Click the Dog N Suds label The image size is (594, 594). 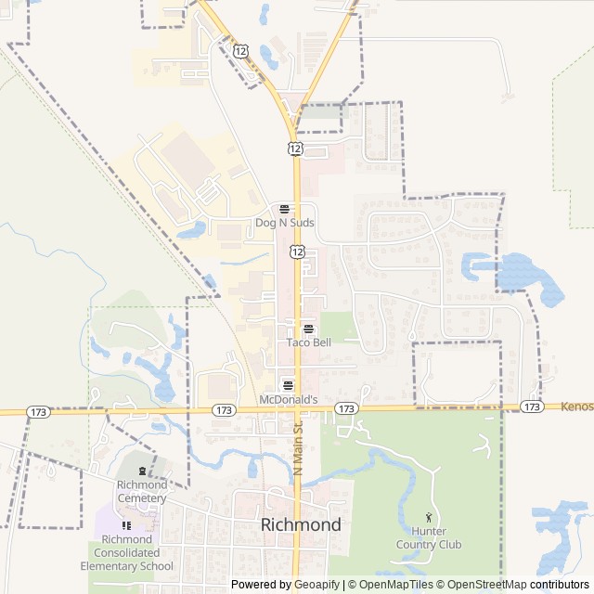[285, 224]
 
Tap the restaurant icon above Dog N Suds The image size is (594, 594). [284, 210]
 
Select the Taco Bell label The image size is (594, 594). [308, 342]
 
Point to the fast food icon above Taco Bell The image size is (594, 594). [308, 329]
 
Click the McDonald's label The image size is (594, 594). [289, 400]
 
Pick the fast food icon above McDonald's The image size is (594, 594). [288, 385]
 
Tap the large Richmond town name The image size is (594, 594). [301, 524]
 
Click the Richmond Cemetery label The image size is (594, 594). [142, 492]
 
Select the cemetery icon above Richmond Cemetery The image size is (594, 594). [142, 471]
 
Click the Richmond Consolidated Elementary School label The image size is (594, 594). [126, 553]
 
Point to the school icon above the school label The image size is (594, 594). [126, 525]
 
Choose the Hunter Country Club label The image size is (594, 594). [429, 538]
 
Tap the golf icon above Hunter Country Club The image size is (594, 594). [429, 517]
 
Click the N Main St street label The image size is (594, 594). [299, 449]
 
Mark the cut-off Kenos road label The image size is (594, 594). [576, 407]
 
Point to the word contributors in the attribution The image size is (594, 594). [560, 585]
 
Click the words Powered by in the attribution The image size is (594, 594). [260, 585]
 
